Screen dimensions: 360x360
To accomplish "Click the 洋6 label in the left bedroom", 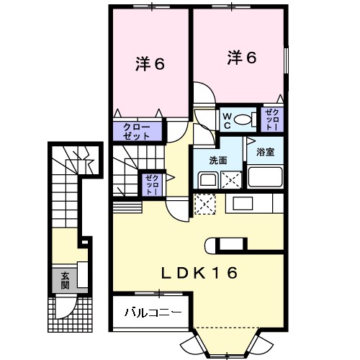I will [150, 63].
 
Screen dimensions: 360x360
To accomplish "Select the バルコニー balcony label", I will [152, 312].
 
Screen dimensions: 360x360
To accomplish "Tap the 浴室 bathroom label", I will [266, 152].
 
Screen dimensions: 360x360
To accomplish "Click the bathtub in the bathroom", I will [266, 176].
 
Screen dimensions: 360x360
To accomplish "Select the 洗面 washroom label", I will [219, 160].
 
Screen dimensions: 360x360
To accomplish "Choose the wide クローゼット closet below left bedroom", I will [137, 131].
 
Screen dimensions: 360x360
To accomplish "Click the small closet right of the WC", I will [273, 119].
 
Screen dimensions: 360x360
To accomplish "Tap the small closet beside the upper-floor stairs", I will [151, 185].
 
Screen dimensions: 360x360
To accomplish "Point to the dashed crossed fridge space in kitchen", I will [206, 204].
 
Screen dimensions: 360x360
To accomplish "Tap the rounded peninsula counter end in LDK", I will [210, 245].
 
